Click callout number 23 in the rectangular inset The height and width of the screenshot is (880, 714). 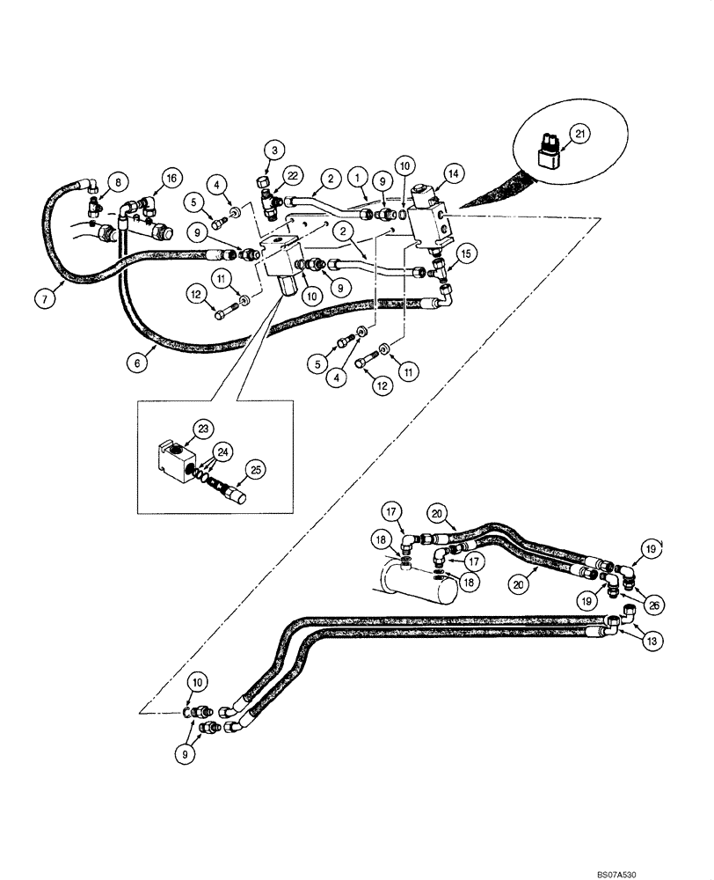204,430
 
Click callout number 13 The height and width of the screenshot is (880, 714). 652,643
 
